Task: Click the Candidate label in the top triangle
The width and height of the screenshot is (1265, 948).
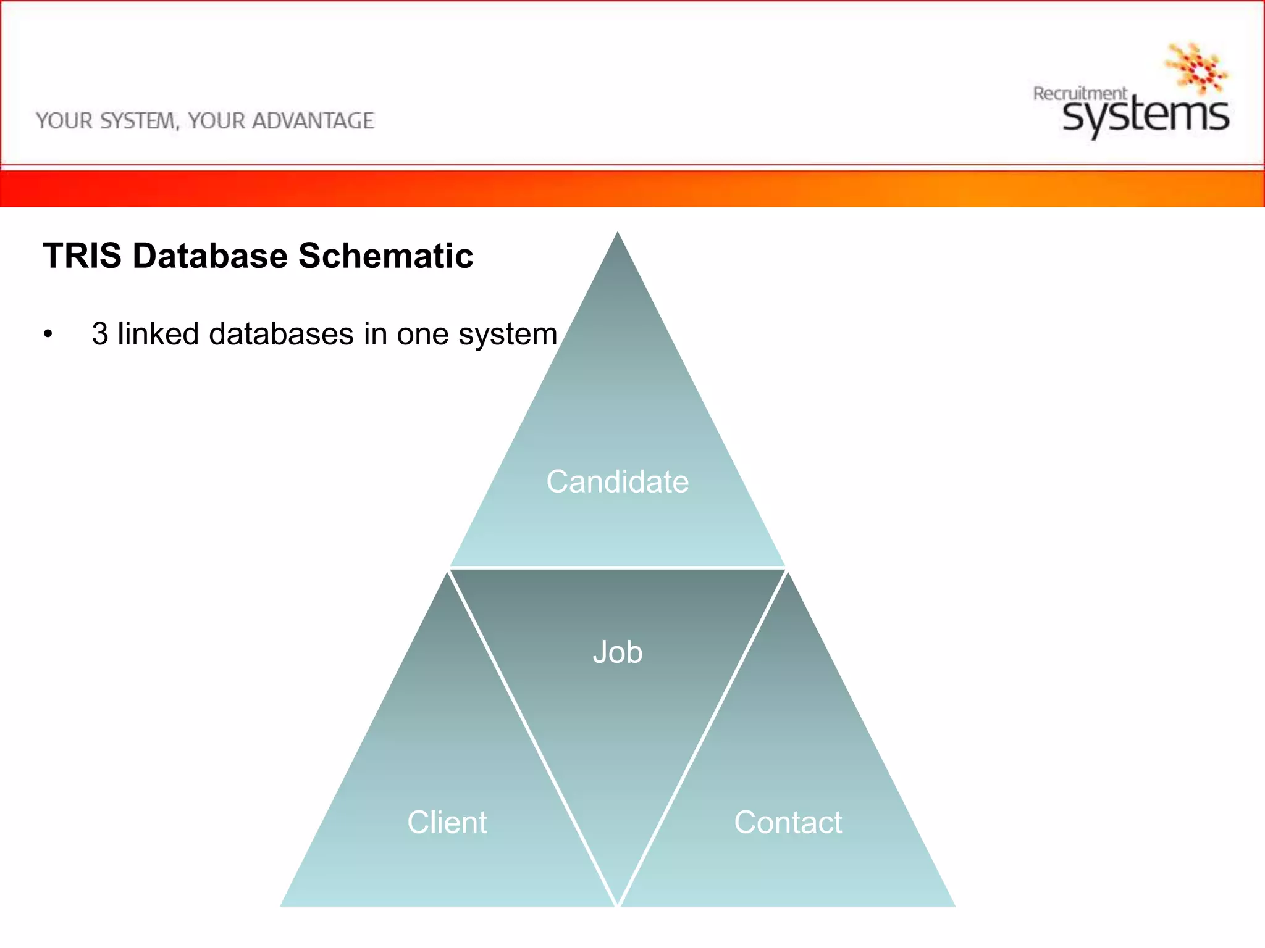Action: (x=617, y=482)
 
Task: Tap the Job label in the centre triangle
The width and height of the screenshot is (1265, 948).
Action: (x=617, y=652)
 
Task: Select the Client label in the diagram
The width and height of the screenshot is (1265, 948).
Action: (x=447, y=823)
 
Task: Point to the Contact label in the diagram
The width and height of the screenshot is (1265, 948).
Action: (x=788, y=823)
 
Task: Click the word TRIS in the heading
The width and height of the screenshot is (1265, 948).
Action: (x=82, y=256)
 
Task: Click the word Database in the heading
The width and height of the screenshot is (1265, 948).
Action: (x=210, y=256)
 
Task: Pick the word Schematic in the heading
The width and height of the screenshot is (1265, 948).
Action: (x=385, y=256)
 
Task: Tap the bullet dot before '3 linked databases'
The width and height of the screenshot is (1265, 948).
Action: (x=48, y=335)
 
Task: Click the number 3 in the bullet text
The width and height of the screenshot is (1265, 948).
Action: (x=99, y=334)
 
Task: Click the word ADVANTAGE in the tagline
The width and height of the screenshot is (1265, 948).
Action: (x=313, y=121)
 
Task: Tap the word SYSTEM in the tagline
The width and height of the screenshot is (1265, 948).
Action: (x=139, y=121)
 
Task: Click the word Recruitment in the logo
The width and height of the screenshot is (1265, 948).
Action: (x=1080, y=94)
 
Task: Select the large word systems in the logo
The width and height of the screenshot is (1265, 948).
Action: (x=1146, y=116)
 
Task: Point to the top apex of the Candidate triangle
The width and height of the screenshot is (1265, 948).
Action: (x=617, y=233)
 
